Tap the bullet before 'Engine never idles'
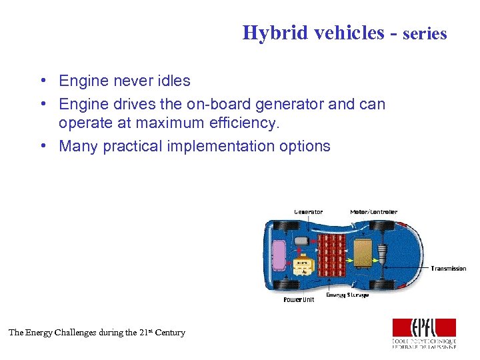[42, 81]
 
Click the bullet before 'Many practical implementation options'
[42, 146]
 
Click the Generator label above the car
[308, 212]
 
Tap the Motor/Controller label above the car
[373, 212]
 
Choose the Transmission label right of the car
[448, 269]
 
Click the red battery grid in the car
[331, 255]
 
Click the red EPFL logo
[424, 327]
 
